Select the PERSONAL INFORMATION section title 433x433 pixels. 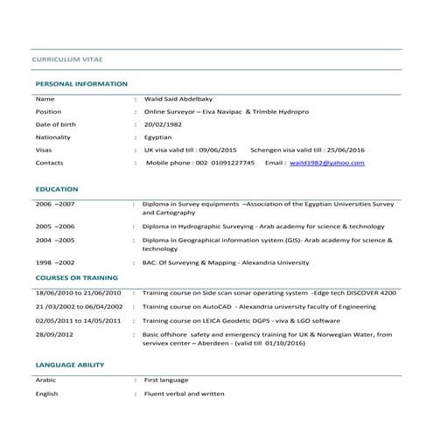click(81, 84)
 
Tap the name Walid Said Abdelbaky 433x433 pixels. click(185, 100)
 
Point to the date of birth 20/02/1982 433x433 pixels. click(164, 125)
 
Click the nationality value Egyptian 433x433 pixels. click(158, 137)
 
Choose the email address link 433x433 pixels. click(328, 163)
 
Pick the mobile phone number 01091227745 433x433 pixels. click(231, 163)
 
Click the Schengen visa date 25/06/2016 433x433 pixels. click(345, 150)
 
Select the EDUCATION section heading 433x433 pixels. click(57, 189)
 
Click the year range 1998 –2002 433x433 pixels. click(55, 262)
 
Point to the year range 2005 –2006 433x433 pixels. click(55, 226)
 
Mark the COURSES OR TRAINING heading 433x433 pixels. click(76, 277)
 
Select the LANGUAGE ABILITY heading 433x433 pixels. click(70, 365)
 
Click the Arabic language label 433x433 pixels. click(45, 381)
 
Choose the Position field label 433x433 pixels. click(48, 113)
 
